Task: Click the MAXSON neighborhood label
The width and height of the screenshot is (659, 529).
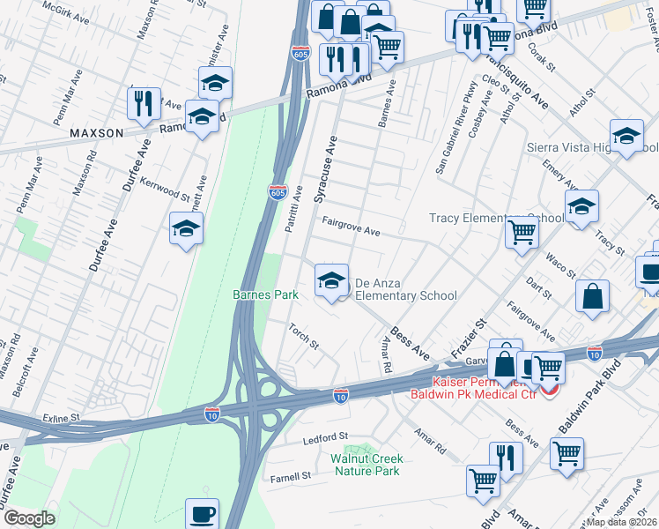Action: (97, 133)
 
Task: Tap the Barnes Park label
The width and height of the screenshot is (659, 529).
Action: (265, 294)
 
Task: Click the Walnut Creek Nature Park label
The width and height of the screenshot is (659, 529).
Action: (367, 465)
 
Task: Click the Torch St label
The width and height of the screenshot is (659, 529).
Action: (303, 336)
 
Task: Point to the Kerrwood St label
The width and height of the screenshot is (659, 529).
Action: (167, 189)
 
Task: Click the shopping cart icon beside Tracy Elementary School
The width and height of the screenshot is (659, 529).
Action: (522, 234)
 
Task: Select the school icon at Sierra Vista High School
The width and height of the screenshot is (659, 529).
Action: (626, 136)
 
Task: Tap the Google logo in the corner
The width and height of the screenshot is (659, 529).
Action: (29, 518)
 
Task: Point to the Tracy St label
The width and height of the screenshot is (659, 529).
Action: (609, 239)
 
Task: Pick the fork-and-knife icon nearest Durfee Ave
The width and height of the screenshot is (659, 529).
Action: (144, 103)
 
